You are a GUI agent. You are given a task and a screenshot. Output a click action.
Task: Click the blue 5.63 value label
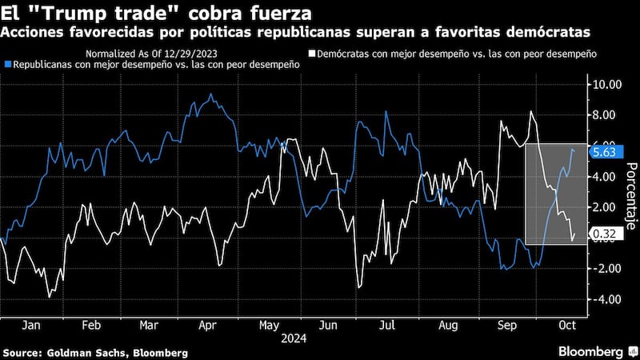(603, 152)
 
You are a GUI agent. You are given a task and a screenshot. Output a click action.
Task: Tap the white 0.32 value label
(603, 234)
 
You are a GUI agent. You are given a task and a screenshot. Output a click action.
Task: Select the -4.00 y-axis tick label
(605, 299)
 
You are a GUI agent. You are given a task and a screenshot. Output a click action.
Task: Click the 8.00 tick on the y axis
(605, 114)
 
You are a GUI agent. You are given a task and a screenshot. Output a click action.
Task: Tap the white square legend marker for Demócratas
(311, 53)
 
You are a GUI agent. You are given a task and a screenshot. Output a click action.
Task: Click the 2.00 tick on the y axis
(605, 207)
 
